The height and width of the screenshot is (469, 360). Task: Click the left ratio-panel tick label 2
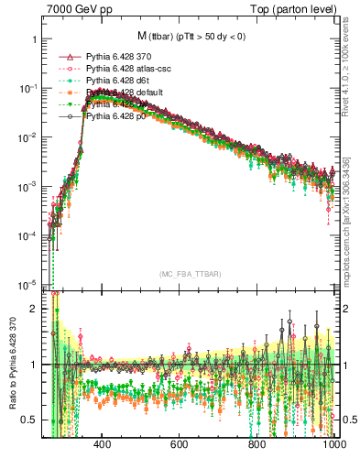coord(33,309)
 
